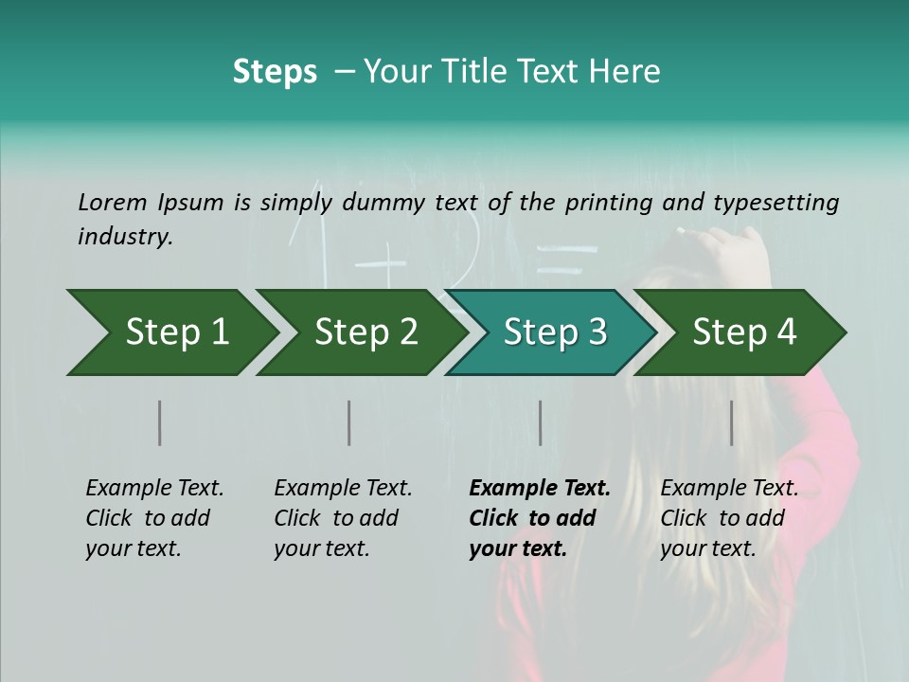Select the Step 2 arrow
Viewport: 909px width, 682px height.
[365, 332]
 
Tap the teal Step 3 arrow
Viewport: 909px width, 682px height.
[555, 332]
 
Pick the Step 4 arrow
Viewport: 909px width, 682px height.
[744, 332]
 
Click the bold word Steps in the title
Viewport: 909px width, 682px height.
[275, 72]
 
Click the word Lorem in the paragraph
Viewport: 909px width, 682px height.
[112, 202]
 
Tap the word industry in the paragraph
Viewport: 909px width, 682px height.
[124, 237]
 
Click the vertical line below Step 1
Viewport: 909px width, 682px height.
[159, 422]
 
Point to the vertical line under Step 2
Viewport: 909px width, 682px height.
[348, 422]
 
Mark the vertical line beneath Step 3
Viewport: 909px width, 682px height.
[540, 422]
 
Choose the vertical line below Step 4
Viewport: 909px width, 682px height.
[731, 422]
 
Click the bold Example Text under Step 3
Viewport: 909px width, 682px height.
[540, 489]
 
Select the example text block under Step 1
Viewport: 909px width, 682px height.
[154, 518]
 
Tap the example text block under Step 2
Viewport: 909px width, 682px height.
[343, 518]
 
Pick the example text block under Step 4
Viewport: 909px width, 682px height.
[729, 518]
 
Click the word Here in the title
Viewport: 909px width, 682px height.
[625, 72]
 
